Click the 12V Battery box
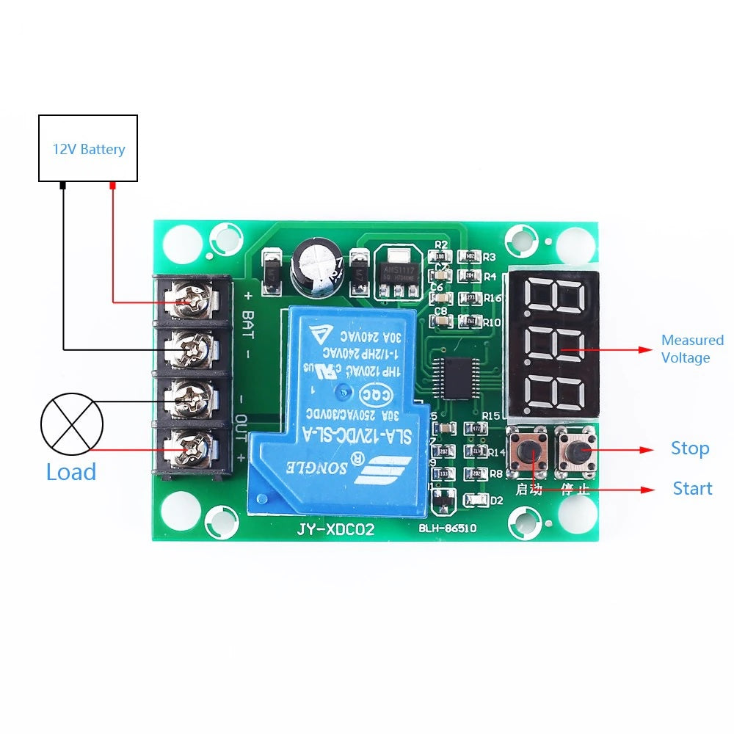(87, 148)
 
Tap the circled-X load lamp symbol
(72, 424)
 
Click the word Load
(71, 472)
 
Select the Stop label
(690, 448)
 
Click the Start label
(692, 489)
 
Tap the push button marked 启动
(528, 450)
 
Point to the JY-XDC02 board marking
(335, 530)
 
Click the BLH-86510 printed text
(448, 528)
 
